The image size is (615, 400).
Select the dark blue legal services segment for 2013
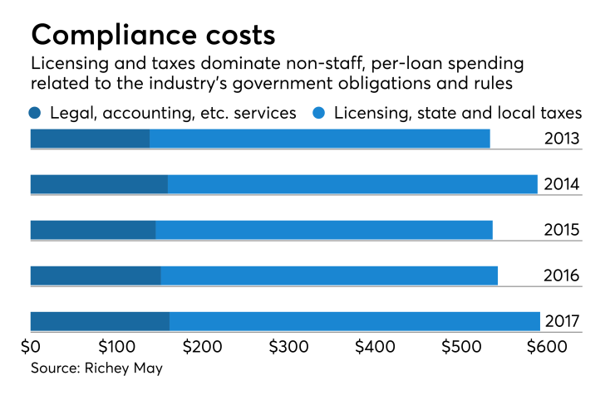pos(90,139)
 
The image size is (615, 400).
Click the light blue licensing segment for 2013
pos(319,139)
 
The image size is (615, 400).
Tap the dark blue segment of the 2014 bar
pos(99,184)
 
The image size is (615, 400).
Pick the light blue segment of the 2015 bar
pos(324,230)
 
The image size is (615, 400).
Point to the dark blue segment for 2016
pos(96,276)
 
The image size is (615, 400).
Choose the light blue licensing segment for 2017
pos(355,321)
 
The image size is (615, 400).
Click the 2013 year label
pos(561,139)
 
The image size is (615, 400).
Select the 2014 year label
pos(561,184)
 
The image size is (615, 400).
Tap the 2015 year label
pos(561,230)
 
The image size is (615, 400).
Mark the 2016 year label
pos(561,276)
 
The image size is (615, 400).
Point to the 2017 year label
pos(561,321)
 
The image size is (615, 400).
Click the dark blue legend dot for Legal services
pos(35,113)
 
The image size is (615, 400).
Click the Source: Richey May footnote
pos(96,368)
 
